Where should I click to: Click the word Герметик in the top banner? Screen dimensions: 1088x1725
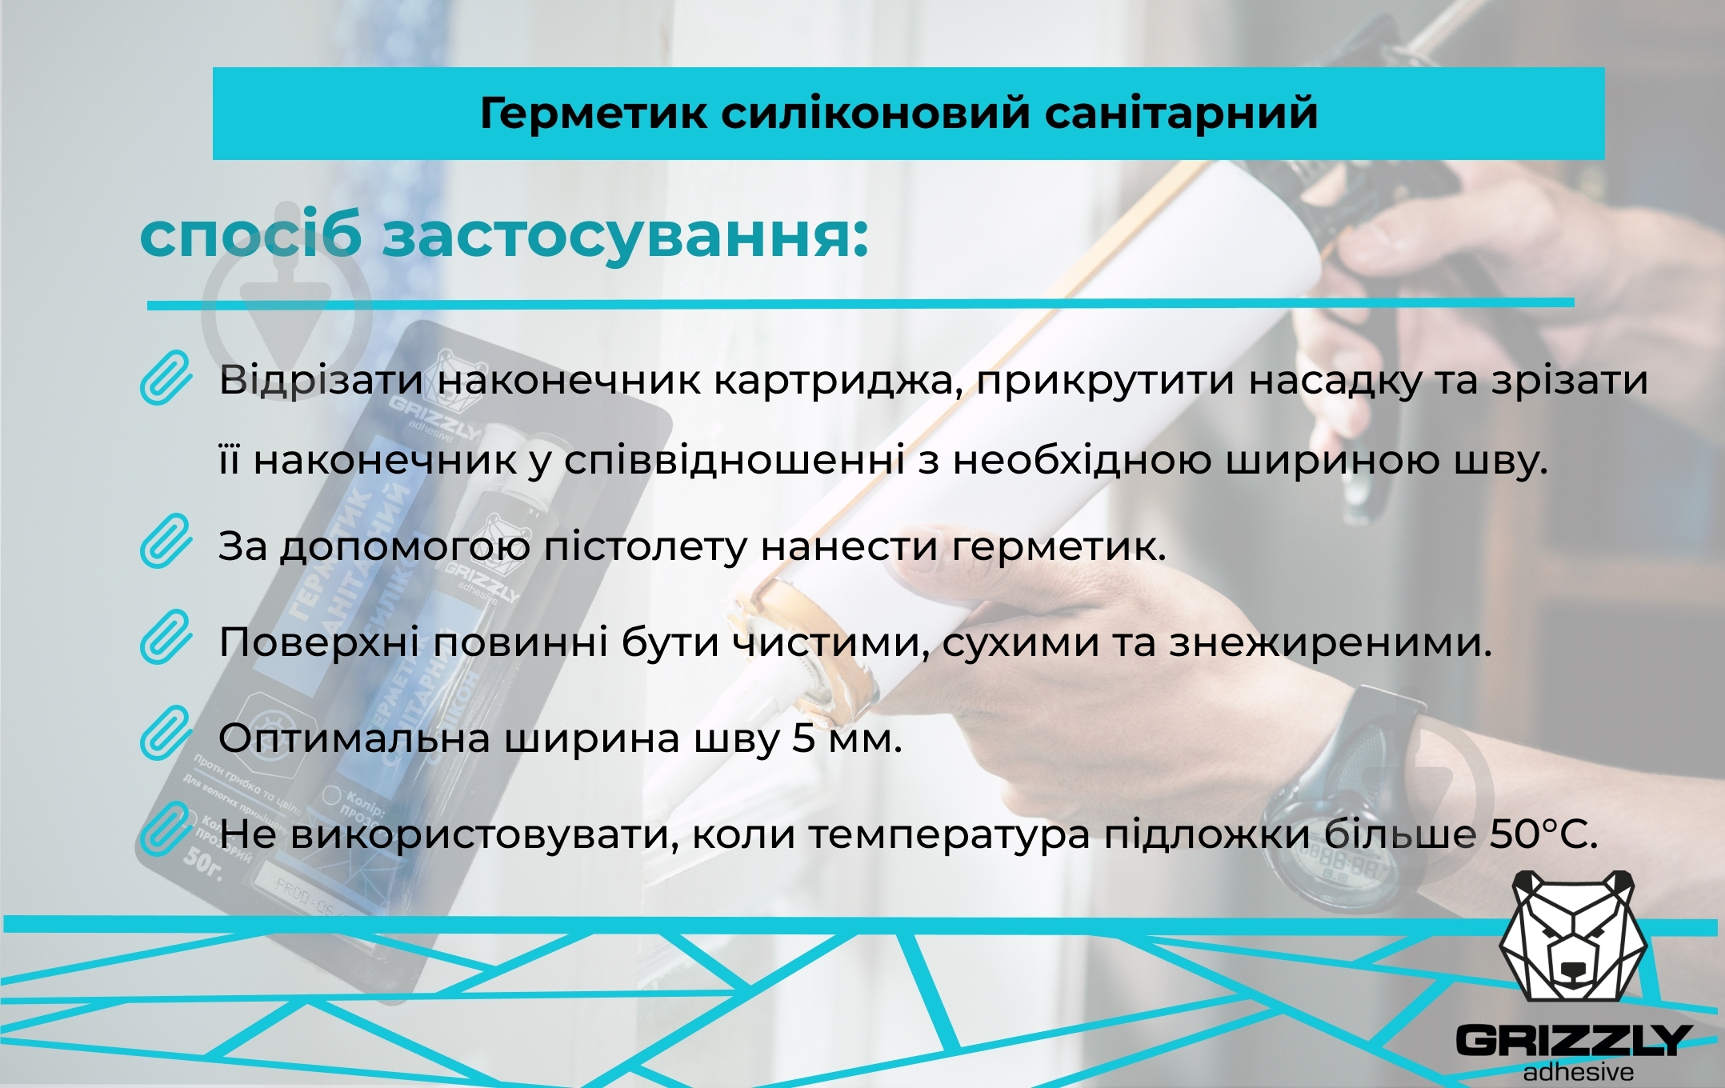(x=593, y=113)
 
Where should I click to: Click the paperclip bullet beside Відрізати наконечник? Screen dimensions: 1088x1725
(x=166, y=378)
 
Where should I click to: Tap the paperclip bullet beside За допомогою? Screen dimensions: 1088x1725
(x=166, y=542)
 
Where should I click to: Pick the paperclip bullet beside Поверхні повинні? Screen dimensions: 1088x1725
(x=166, y=638)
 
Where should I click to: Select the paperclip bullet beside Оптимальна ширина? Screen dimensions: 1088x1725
(x=166, y=733)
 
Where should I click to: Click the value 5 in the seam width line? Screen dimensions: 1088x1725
(x=803, y=738)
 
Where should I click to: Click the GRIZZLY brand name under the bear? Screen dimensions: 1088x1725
(x=1572, y=1040)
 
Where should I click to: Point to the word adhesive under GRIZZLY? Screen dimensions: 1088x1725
(x=1578, y=1072)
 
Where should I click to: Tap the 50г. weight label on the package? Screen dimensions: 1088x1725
(x=202, y=859)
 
